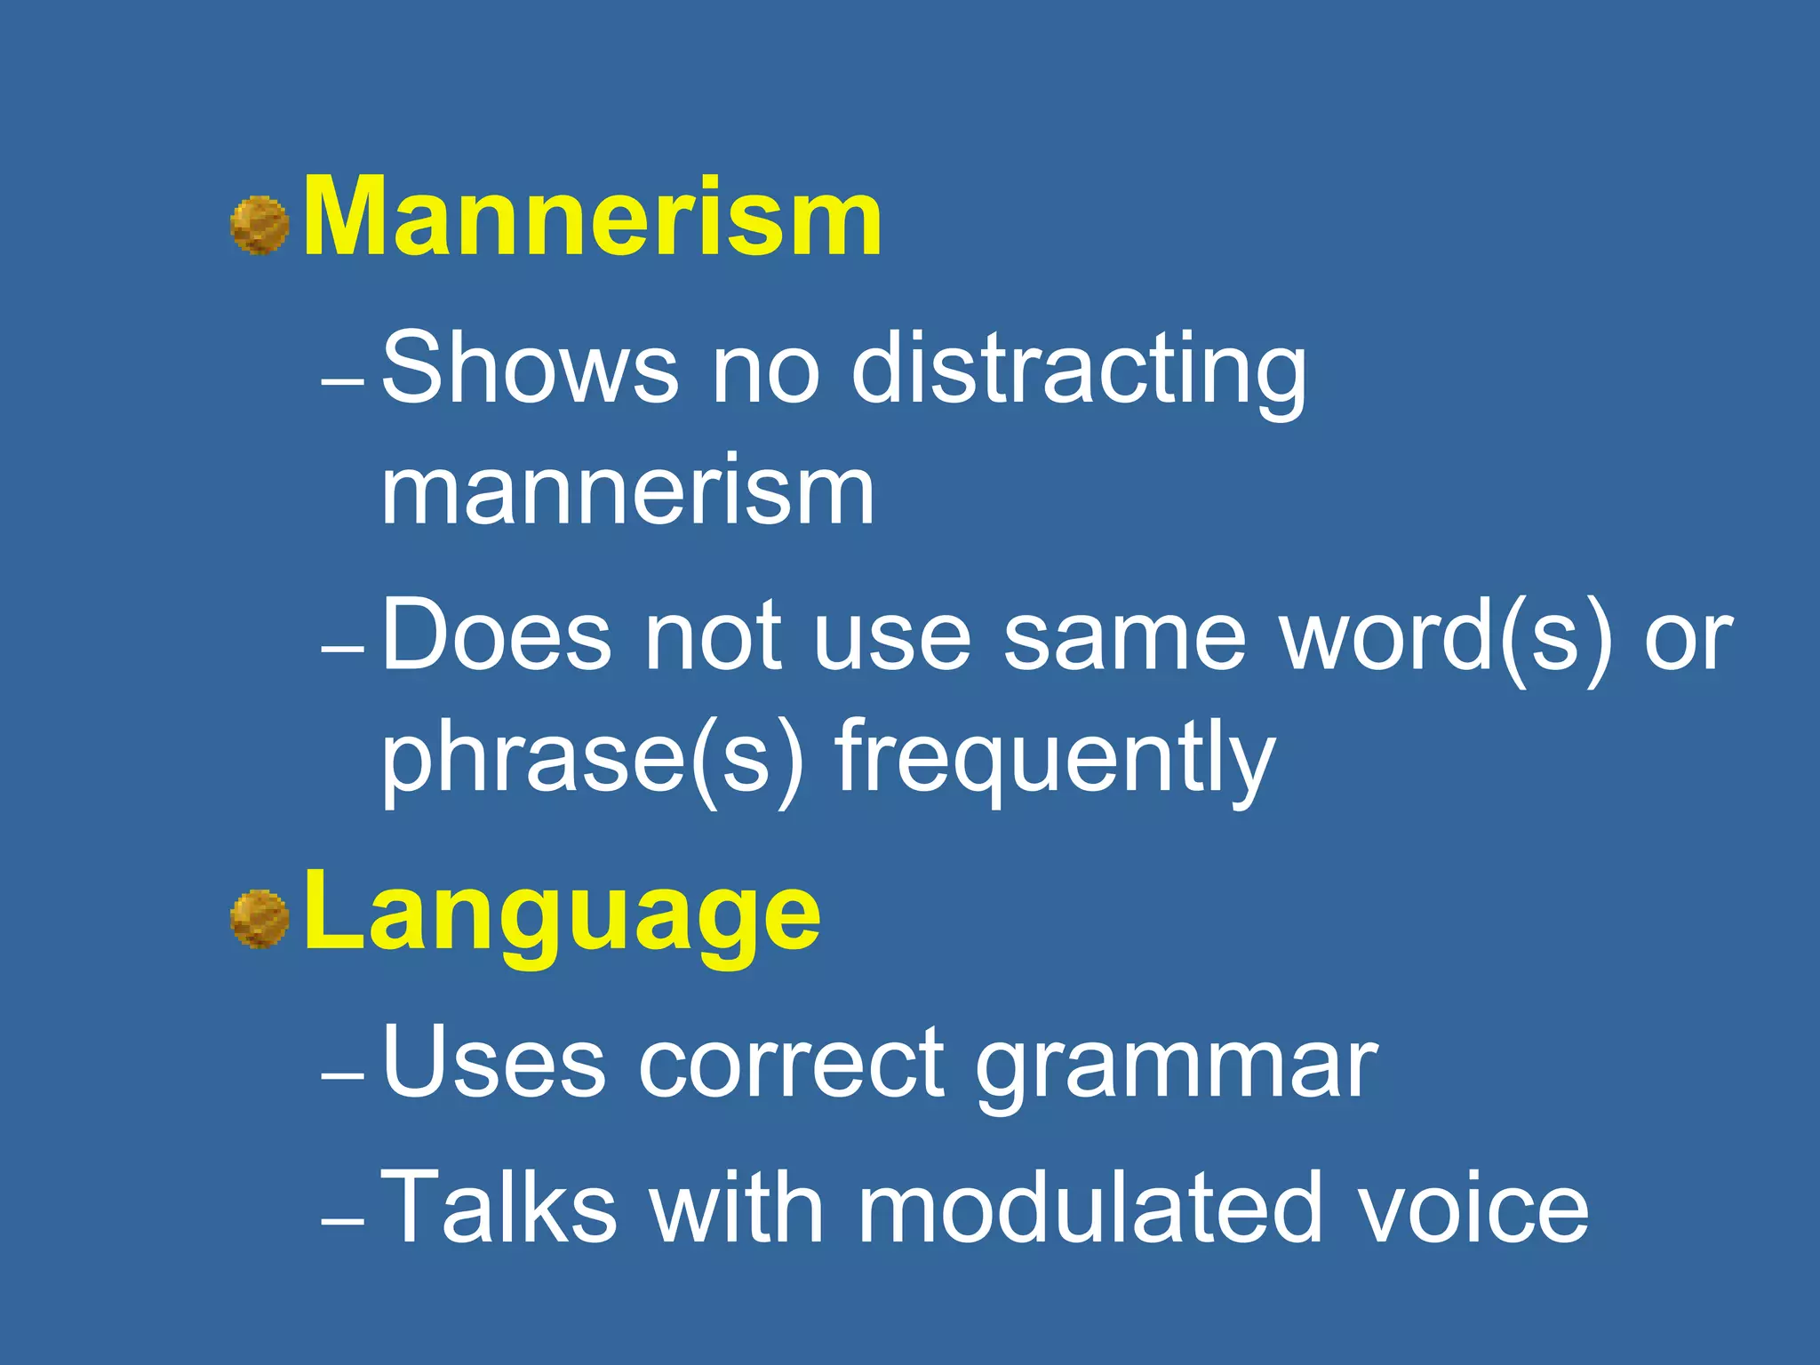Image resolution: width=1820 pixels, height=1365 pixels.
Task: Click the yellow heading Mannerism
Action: [592, 217]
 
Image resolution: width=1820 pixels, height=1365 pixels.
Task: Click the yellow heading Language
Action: [561, 913]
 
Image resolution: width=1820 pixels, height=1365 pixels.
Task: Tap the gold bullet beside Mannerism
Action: [259, 226]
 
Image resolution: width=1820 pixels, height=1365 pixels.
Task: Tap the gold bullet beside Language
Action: [259, 919]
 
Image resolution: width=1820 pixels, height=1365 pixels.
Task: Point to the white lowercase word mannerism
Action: [627, 491]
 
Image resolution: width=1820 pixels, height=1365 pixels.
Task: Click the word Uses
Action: [494, 1062]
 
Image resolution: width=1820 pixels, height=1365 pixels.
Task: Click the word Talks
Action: [499, 1207]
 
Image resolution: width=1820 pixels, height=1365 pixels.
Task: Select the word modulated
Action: [1090, 1207]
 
